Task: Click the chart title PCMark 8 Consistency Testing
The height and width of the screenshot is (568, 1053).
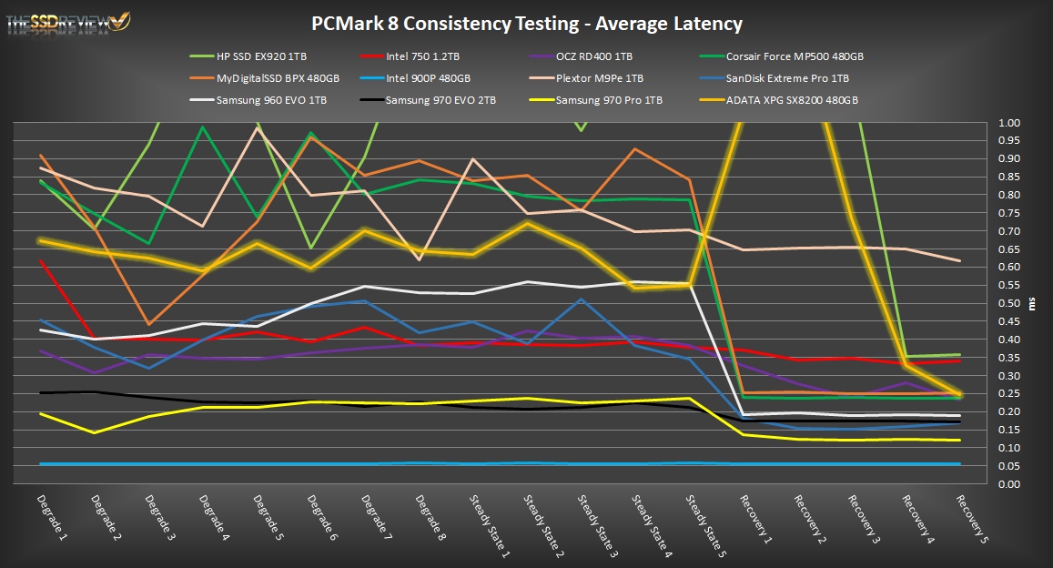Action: click(x=527, y=24)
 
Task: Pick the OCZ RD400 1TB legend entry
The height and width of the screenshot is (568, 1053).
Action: click(x=592, y=56)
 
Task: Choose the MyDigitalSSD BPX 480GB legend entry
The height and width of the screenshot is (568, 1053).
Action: click(x=278, y=78)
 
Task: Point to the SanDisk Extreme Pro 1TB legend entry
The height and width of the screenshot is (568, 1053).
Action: click(x=788, y=78)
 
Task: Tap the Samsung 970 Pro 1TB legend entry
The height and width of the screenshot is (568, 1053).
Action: click(x=609, y=100)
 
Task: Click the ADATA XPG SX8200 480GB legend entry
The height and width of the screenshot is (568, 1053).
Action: click(x=793, y=100)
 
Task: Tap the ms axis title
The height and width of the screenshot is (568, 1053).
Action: click(x=1031, y=303)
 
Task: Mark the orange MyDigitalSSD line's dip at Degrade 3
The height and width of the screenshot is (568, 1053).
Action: click(x=148, y=324)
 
